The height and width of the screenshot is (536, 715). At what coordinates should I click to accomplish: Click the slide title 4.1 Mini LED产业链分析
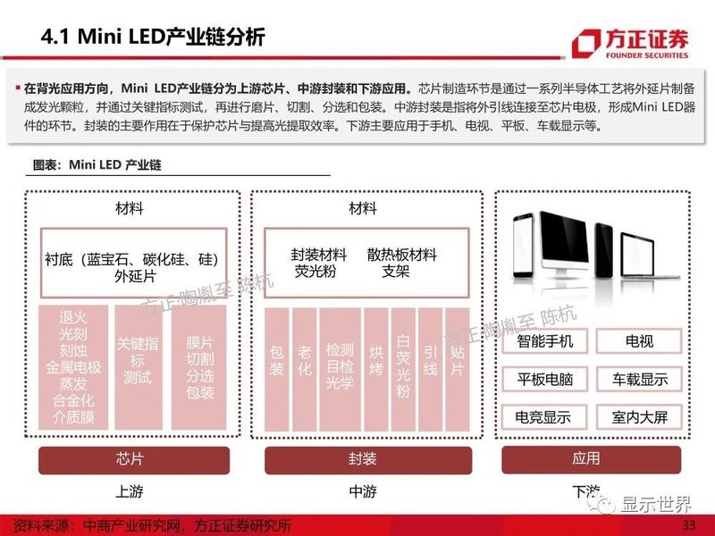[154, 38]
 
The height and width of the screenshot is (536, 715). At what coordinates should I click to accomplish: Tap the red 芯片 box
[130, 459]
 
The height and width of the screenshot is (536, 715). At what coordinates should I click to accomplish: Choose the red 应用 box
[586, 459]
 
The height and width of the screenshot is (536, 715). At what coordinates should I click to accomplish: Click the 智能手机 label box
[545, 341]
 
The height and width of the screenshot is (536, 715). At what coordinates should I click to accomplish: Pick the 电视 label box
[639, 341]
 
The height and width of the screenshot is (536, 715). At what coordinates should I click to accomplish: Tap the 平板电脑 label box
[545, 379]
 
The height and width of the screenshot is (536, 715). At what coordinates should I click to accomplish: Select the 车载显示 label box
[639, 379]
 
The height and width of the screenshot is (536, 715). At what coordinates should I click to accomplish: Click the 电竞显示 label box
[545, 416]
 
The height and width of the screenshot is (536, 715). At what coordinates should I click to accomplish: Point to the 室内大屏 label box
[639, 416]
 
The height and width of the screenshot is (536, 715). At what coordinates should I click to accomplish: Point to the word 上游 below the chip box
[130, 491]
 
